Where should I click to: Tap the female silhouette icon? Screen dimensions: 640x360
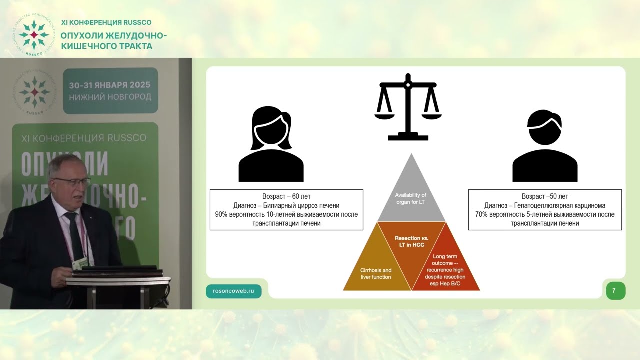pos(271,144)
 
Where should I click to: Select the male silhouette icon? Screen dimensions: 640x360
pos(545,145)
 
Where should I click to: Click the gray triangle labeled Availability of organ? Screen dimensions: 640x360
pos(411,197)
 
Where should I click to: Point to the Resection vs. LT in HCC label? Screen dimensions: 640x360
pos(411,241)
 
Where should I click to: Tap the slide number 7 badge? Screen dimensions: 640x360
pos(615,291)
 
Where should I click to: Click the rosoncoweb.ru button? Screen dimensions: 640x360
pos(233,291)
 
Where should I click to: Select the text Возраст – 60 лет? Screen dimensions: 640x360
pos(286,196)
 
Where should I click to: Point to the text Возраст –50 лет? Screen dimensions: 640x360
pos(545,196)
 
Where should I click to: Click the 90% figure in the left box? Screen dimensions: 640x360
pos(221,214)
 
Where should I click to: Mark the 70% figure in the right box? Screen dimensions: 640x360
pos(481,214)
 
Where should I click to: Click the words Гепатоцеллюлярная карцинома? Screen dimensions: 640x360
pos(560,205)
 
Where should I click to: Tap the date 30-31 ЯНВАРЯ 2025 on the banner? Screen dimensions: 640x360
pos(109,85)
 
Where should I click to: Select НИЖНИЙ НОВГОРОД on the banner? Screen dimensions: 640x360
pos(110,97)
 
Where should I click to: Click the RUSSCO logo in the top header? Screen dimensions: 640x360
pos(34,35)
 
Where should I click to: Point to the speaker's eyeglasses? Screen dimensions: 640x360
pos(73,182)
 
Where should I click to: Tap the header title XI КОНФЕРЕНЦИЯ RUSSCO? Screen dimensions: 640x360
pos(106,22)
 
